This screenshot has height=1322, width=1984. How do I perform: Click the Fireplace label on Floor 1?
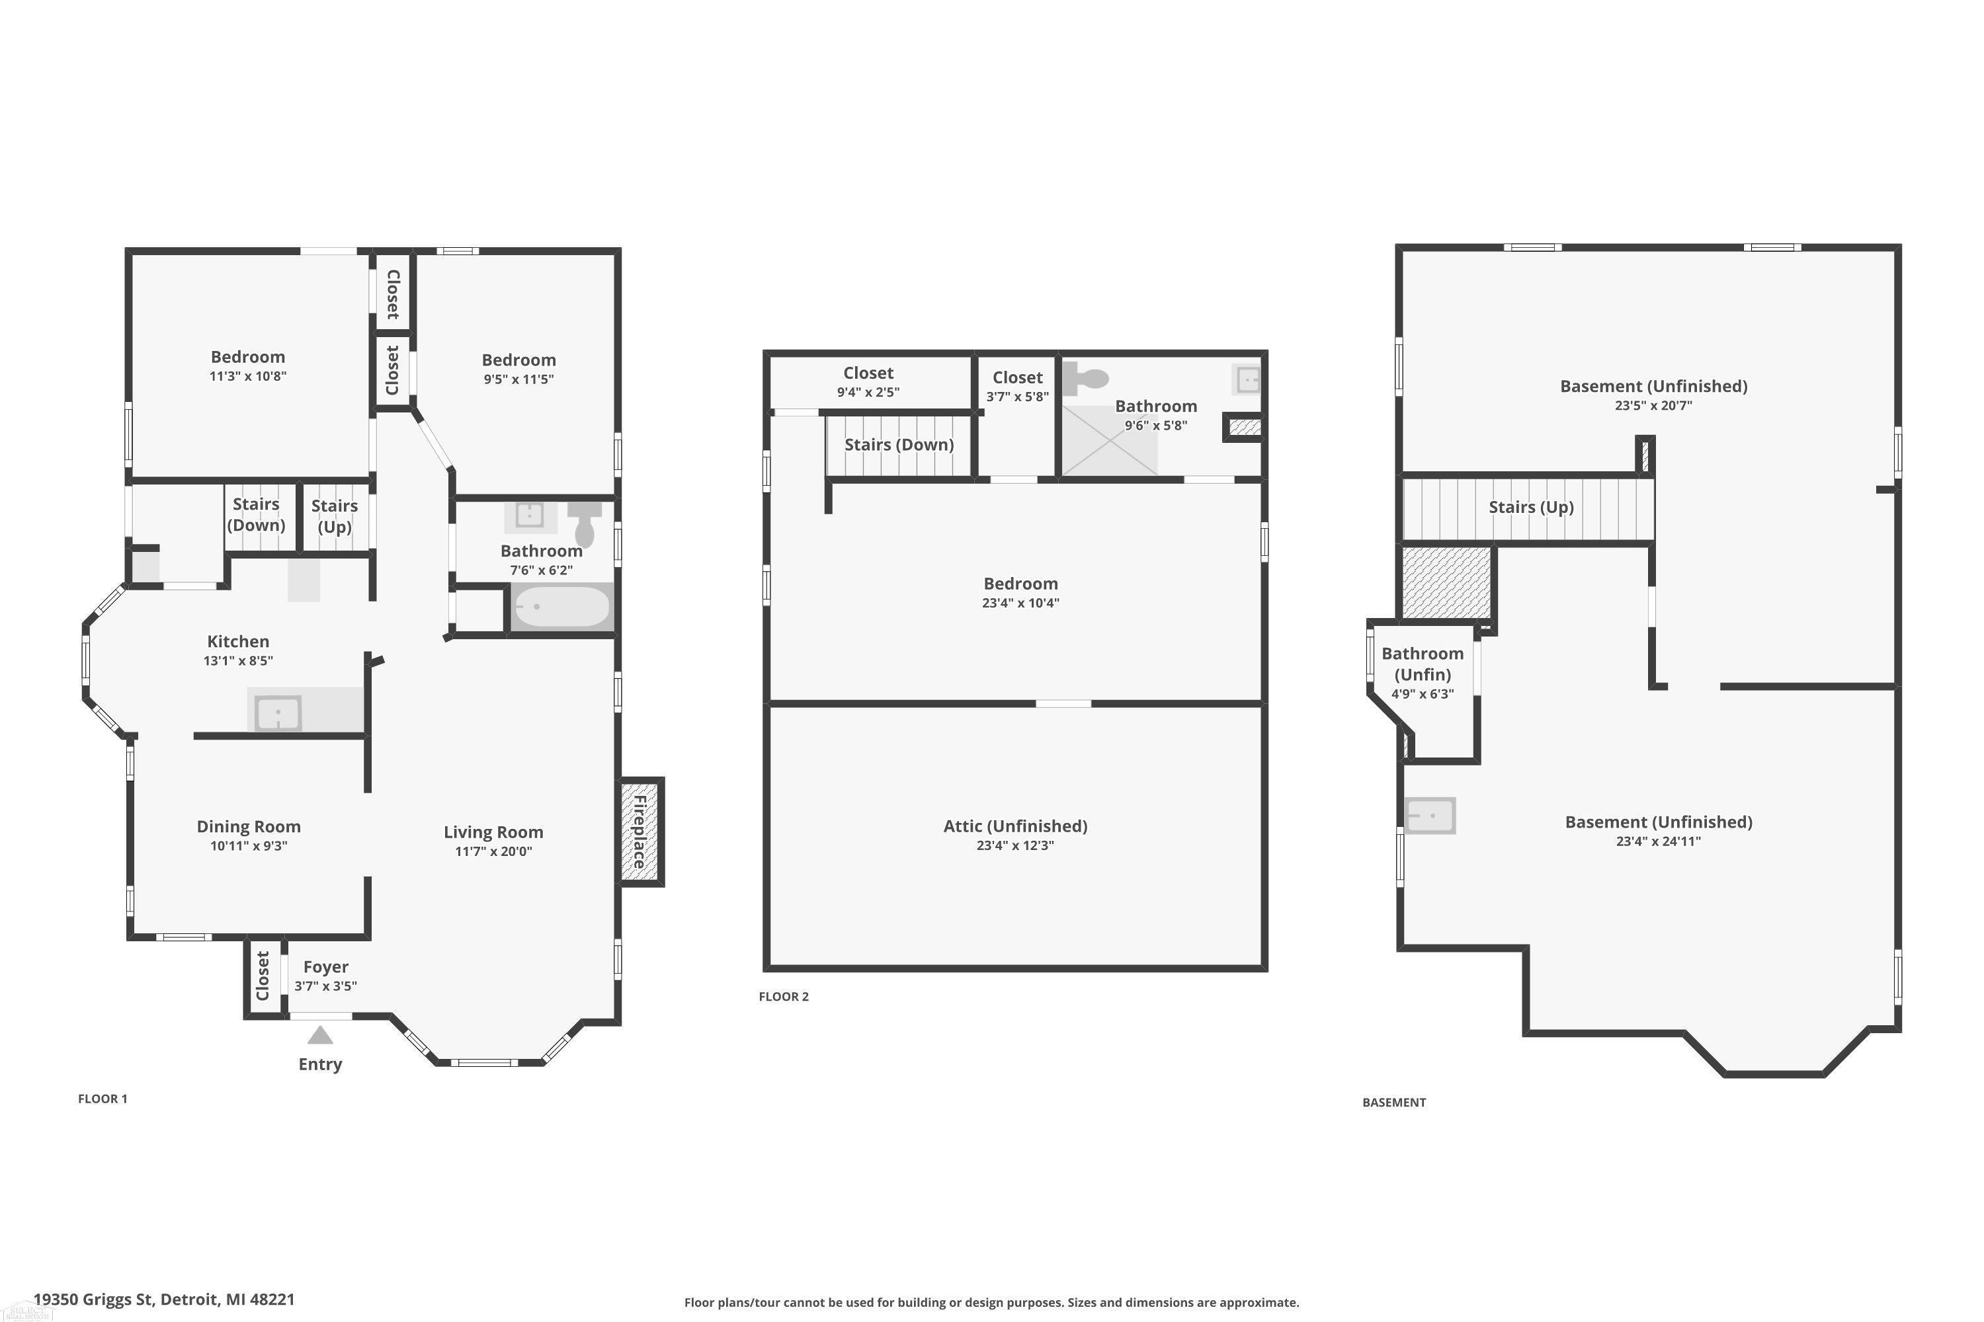click(640, 832)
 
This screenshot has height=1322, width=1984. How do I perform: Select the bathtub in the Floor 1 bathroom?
click(561, 606)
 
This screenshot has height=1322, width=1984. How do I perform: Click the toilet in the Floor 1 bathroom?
click(584, 524)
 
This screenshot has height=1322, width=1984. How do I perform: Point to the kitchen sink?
click(278, 713)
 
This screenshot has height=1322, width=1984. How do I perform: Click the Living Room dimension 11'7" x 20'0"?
click(493, 851)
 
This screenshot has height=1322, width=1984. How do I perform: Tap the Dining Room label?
click(249, 827)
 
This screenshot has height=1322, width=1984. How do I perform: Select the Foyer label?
click(325, 967)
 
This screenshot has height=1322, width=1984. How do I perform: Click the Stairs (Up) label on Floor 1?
click(334, 516)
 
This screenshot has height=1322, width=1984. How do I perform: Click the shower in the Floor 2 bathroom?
click(1109, 441)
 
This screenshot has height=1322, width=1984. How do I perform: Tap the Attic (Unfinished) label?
click(1016, 826)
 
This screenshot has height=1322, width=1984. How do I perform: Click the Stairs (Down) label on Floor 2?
click(899, 445)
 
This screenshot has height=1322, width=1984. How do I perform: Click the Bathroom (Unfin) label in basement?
click(1423, 664)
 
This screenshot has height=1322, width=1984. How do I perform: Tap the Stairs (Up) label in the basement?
click(1531, 508)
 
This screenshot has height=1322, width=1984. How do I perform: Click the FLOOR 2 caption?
click(784, 997)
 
